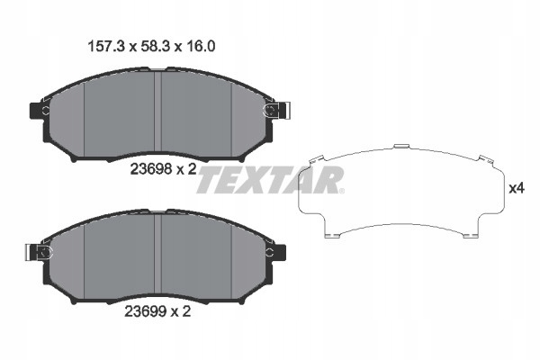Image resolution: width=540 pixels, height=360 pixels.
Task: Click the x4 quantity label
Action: point(517,189)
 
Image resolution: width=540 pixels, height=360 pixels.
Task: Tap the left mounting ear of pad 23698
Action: point(40,112)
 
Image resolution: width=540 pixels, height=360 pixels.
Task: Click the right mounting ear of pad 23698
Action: point(274,112)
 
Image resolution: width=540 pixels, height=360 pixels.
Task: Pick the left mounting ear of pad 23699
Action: point(40,252)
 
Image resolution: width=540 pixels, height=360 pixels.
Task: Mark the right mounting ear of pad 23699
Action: point(274,252)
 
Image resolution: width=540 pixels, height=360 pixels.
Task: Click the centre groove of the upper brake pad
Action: point(157,112)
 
